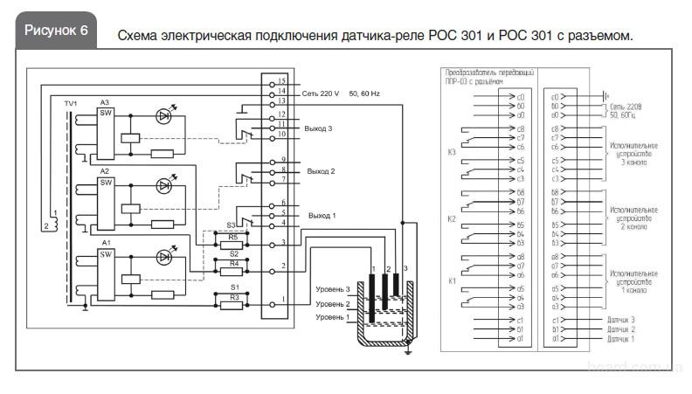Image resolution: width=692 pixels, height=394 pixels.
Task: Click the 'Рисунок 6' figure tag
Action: tap(56, 30)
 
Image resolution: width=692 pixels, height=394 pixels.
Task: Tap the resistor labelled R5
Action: tap(232, 245)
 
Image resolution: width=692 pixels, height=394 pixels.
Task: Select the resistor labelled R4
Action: tap(232, 271)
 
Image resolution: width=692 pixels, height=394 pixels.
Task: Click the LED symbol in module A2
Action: tap(163, 185)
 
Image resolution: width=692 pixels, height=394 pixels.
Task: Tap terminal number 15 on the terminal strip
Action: tap(283, 81)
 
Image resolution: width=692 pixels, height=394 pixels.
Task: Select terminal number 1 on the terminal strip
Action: tap(283, 302)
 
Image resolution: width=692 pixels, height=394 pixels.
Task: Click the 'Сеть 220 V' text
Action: tap(321, 91)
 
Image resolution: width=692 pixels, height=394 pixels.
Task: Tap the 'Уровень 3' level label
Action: tap(332, 289)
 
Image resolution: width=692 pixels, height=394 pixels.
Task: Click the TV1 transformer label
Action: tap(71, 103)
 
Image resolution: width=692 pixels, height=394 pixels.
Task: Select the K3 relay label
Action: tap(452, 151)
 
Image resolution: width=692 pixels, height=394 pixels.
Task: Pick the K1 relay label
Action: tap(452, 280)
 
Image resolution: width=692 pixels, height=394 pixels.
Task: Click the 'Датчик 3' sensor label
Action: tap(620, 320)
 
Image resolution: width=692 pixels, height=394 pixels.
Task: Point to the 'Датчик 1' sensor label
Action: tap(620, 339)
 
